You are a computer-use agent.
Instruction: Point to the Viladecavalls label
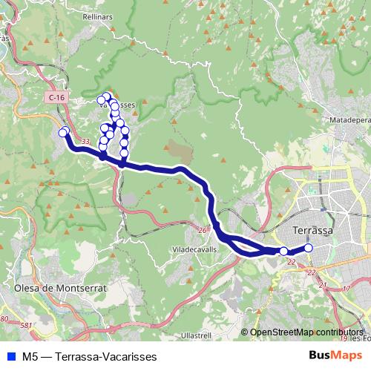(194, 250)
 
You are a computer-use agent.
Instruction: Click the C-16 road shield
(54, 97)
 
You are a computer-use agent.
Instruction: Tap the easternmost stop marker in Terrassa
(309, 248)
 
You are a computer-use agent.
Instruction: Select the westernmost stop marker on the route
(63, 133)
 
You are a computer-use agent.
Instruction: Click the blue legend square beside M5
(10, 356)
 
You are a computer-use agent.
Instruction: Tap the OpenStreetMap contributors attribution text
(306, 332)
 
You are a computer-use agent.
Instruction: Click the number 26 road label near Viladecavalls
(202, 229)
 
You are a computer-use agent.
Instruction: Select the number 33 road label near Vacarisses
(86, 141)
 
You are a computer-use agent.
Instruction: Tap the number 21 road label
(322, 284)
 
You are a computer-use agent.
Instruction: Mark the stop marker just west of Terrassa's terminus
(283, 252)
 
